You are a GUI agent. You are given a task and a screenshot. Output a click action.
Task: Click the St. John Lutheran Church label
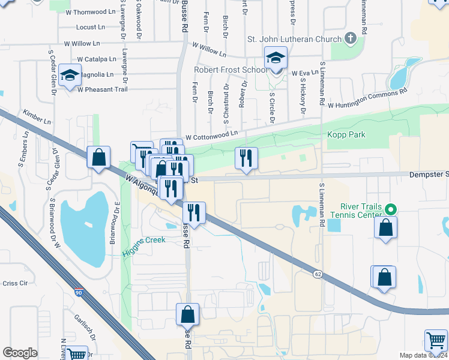[294, 39]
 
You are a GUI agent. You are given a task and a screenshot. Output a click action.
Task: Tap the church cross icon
[351, 38]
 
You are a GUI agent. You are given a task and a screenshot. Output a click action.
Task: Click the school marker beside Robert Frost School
[276, 59]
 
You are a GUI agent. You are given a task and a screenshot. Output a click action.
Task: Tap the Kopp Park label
[346, 135]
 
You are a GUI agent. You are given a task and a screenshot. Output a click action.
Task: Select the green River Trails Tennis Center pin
[391, 210]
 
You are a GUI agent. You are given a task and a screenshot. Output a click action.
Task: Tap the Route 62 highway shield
[317, 274]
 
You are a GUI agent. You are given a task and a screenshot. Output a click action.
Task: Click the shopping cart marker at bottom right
[436, 341]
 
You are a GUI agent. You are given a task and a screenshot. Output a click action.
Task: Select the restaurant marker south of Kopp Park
[246, 159]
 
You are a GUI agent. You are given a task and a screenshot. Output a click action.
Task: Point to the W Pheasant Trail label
[103, 89]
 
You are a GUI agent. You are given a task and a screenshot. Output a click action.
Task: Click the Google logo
[20, 353]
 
